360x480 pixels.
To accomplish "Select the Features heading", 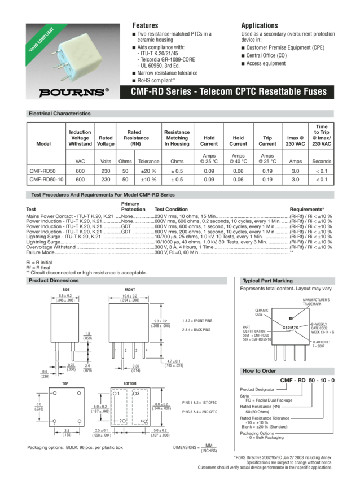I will click(145, 25).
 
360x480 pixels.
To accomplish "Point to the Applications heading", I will click(260, 25).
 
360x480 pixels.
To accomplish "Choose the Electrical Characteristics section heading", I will click(59, 114).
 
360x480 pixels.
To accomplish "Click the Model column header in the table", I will click(43, 143).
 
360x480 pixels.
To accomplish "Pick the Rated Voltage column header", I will click(106, 140).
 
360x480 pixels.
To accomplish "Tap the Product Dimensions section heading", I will click(54, 281).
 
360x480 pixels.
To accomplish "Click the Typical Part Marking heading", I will click(267, 281).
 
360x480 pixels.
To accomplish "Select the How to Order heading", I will click(259, 371).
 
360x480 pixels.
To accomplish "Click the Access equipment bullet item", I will click(269, 63).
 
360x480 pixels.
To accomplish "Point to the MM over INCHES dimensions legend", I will click(207, 447).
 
